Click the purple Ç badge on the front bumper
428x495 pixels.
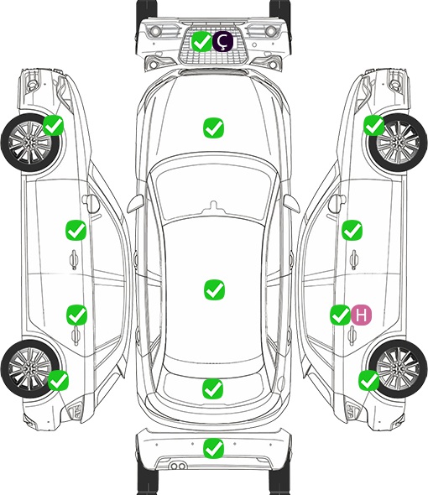[x=222, y=41]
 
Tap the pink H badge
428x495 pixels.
[x=362, y=315]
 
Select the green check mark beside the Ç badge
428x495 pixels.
[x=202, y=41]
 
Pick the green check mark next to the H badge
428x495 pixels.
[x=341, y=315]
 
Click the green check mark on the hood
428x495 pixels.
[x=213, y=128]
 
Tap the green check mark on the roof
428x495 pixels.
[x=214, y=289]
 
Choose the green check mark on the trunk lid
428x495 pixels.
[x=212, y=388]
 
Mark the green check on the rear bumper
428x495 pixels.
[x=214, y=448]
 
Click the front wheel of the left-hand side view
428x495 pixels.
[x=30, y=143]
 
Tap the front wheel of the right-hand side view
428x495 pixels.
[x=398, y=143]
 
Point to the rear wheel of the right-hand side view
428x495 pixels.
[x=398, y=369]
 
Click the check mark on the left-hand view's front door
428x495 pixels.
[x=76, y=231]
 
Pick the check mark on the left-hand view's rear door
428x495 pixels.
[x=76, y=315]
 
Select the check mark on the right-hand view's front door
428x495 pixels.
[x=352, y=230]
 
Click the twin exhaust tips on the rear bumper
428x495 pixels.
[x=178, y=466]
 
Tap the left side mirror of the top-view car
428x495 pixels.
[x=135, y=204]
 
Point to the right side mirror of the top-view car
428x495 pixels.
[x=291, y=204]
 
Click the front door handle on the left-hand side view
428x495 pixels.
[x=74, y=259]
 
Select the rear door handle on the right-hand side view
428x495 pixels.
[x=352, y=336]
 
